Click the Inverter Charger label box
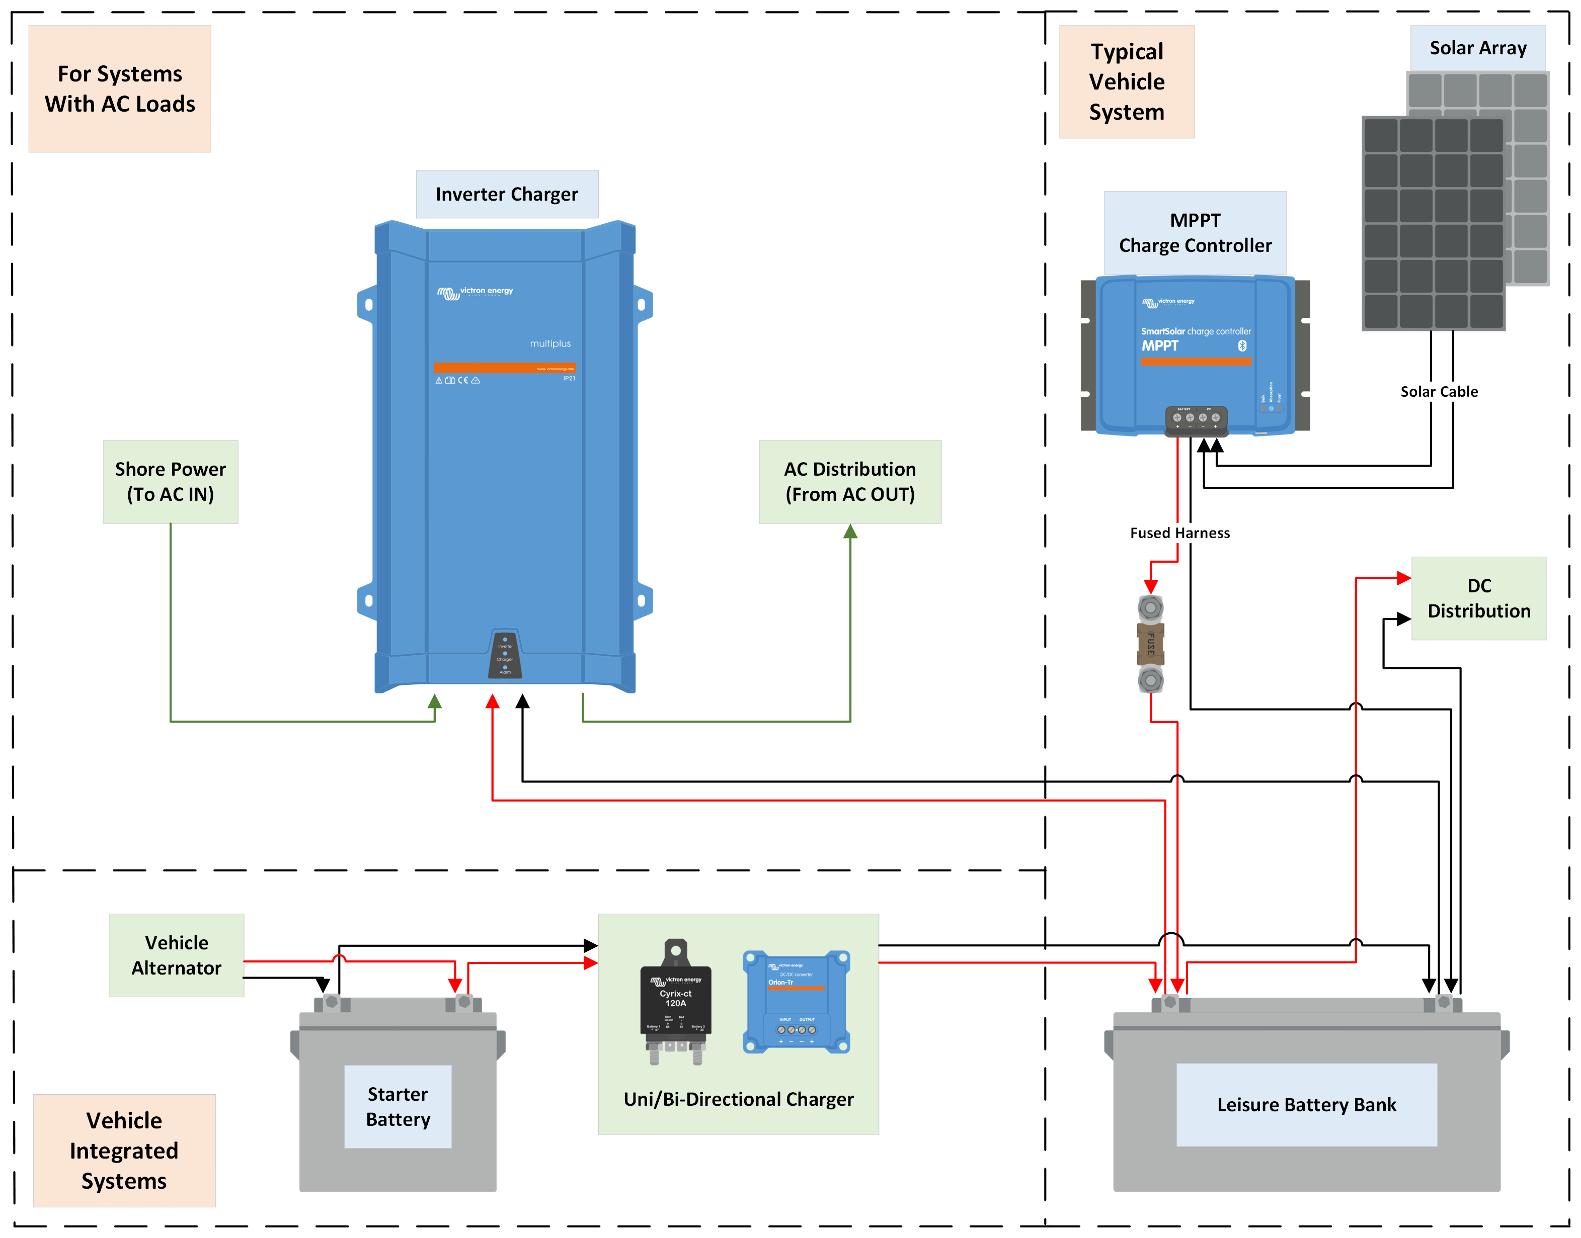(506, 194)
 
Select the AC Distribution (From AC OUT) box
(849, 481)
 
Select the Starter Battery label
(398, 1106)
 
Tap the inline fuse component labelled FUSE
(1150, 644)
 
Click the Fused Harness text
(1179, 533)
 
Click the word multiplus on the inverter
(549, 343)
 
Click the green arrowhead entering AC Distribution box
(850, 532)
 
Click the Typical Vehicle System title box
(1126, 82)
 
